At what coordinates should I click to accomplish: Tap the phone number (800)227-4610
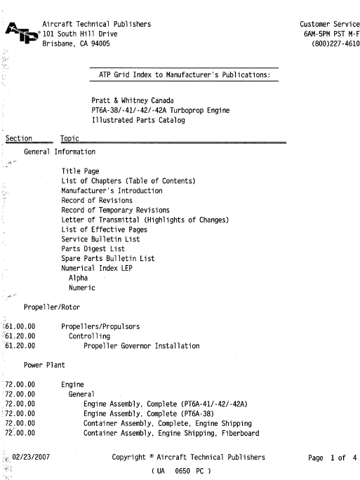[331, 44]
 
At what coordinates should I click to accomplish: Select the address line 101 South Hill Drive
[79, 34]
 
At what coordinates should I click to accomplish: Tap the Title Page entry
[80, 171]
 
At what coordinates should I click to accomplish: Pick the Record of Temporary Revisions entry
[115, 211]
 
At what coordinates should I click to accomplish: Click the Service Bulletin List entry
[100, 239]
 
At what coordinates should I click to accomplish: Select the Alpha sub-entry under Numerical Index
[78, 279]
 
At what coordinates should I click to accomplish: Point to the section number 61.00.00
[19, 326]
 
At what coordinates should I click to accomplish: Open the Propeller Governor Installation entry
[141, 346]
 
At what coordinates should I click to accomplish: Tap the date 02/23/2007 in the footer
[30, 458]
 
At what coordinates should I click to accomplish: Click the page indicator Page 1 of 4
[333, 458]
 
